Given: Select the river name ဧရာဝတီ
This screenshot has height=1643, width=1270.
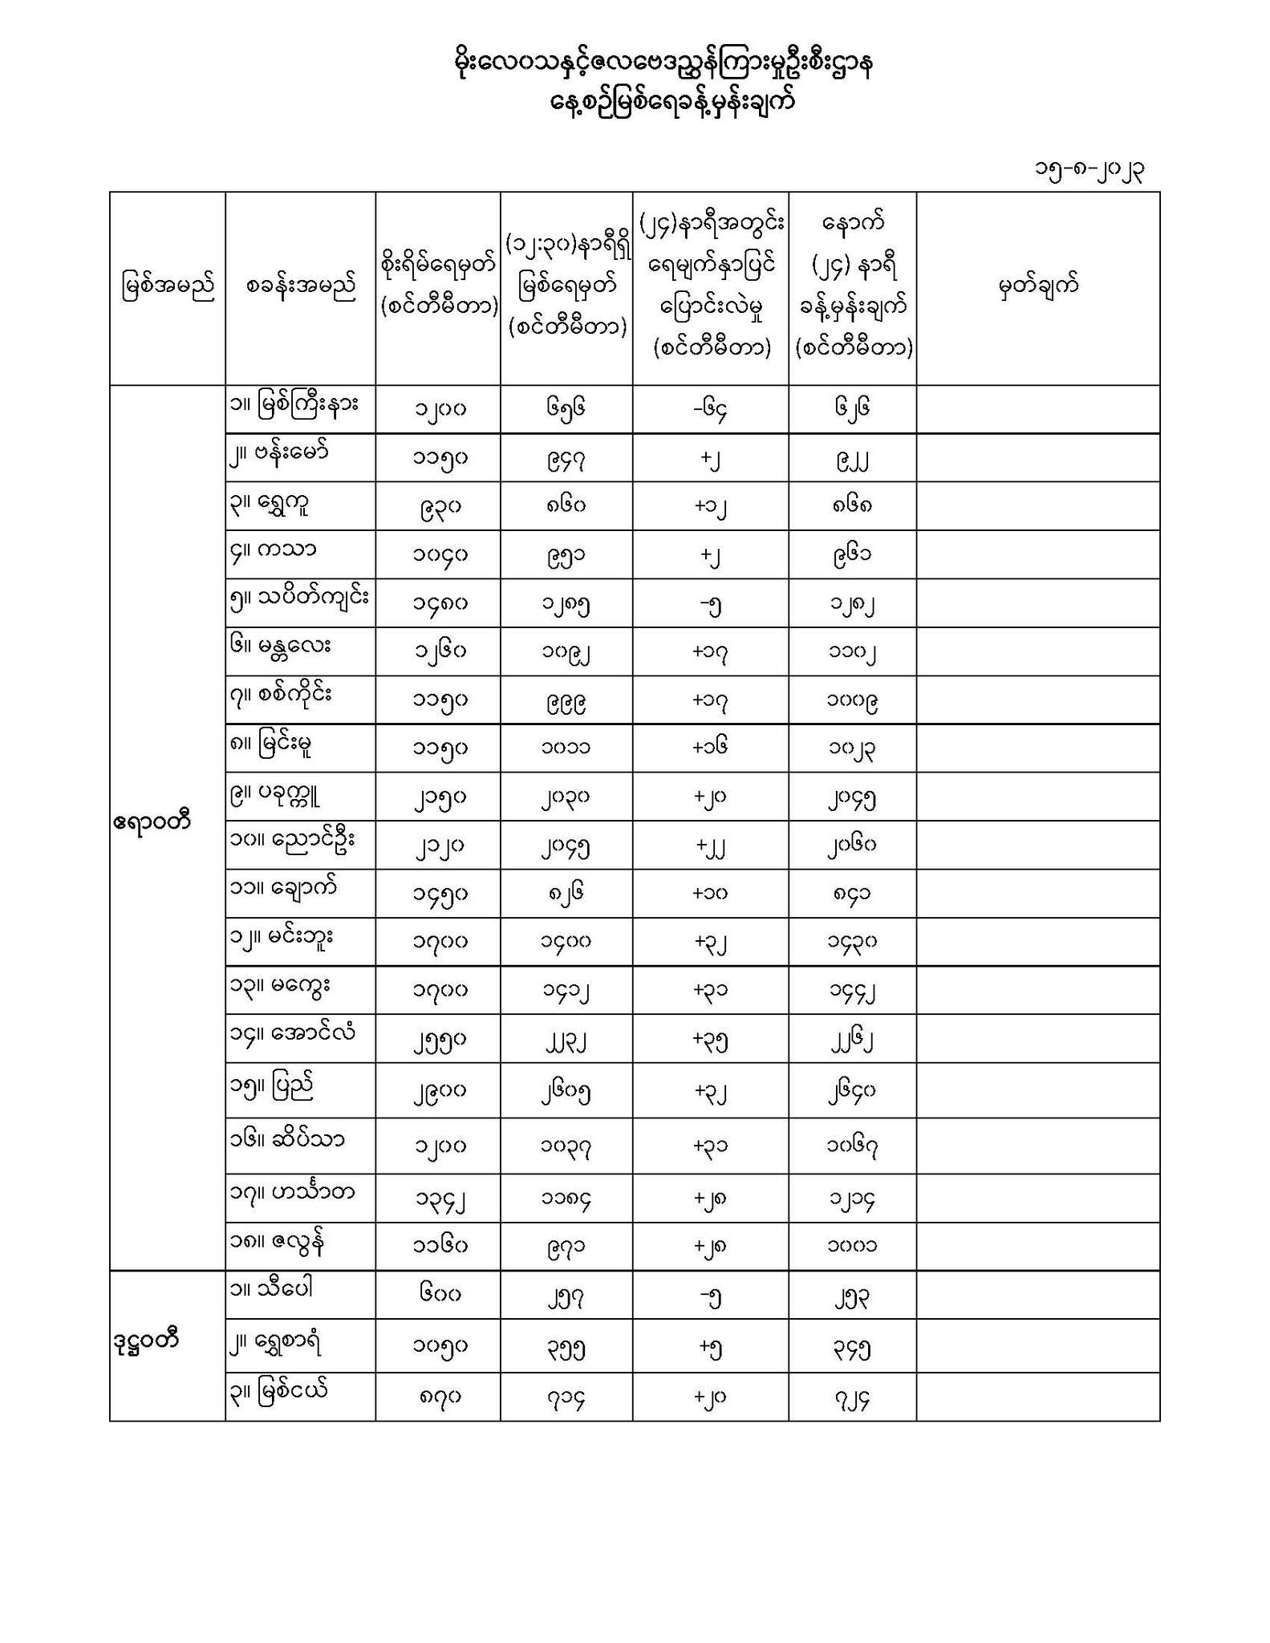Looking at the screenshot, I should click(152, 822).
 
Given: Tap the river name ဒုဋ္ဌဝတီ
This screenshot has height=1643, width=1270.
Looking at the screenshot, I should click(146, 1340).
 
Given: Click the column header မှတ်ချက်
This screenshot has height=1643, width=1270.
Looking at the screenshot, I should click(1038, 286).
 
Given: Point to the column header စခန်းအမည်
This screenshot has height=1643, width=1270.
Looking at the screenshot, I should click(300, 287).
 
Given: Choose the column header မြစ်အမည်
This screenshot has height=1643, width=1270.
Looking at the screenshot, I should click(168, 287).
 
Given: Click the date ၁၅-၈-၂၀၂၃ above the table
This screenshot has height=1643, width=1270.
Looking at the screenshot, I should click(1089, 170).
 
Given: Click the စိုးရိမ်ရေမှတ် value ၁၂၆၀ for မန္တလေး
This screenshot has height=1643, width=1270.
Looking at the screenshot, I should click(438, 651).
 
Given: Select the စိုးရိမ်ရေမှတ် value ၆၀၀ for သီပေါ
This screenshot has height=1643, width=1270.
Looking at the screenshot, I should click(438, 1293).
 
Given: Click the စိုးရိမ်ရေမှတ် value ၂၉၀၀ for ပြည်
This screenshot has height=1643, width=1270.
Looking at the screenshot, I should click(438, 1091).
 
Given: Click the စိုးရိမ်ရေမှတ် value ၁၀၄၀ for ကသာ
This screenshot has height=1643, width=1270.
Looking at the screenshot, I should click(438, 554).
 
